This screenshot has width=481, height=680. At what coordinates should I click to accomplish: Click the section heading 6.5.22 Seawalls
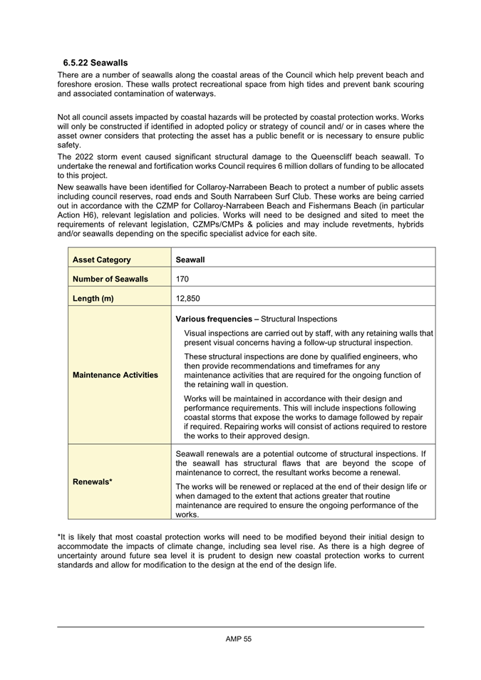[95, 63]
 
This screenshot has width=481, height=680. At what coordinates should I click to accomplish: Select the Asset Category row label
[100, 259]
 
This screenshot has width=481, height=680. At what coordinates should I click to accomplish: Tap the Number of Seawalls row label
[108, 279]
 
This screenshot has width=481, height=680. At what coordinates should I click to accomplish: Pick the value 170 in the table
[182, 279]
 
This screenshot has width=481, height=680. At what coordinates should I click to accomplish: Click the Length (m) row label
[93, 298]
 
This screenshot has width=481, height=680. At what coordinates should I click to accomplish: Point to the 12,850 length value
[189, 298]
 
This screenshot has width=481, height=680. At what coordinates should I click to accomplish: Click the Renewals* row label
[93, 482]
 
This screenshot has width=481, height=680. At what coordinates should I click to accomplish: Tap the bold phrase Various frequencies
[215, 319]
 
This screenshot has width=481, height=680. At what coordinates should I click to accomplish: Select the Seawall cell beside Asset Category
[190, 259]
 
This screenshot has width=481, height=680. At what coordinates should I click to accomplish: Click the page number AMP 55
[239, 639]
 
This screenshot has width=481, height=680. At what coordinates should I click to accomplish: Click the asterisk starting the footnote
[58, 536]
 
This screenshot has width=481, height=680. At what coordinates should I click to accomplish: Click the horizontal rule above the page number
[240, 627]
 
